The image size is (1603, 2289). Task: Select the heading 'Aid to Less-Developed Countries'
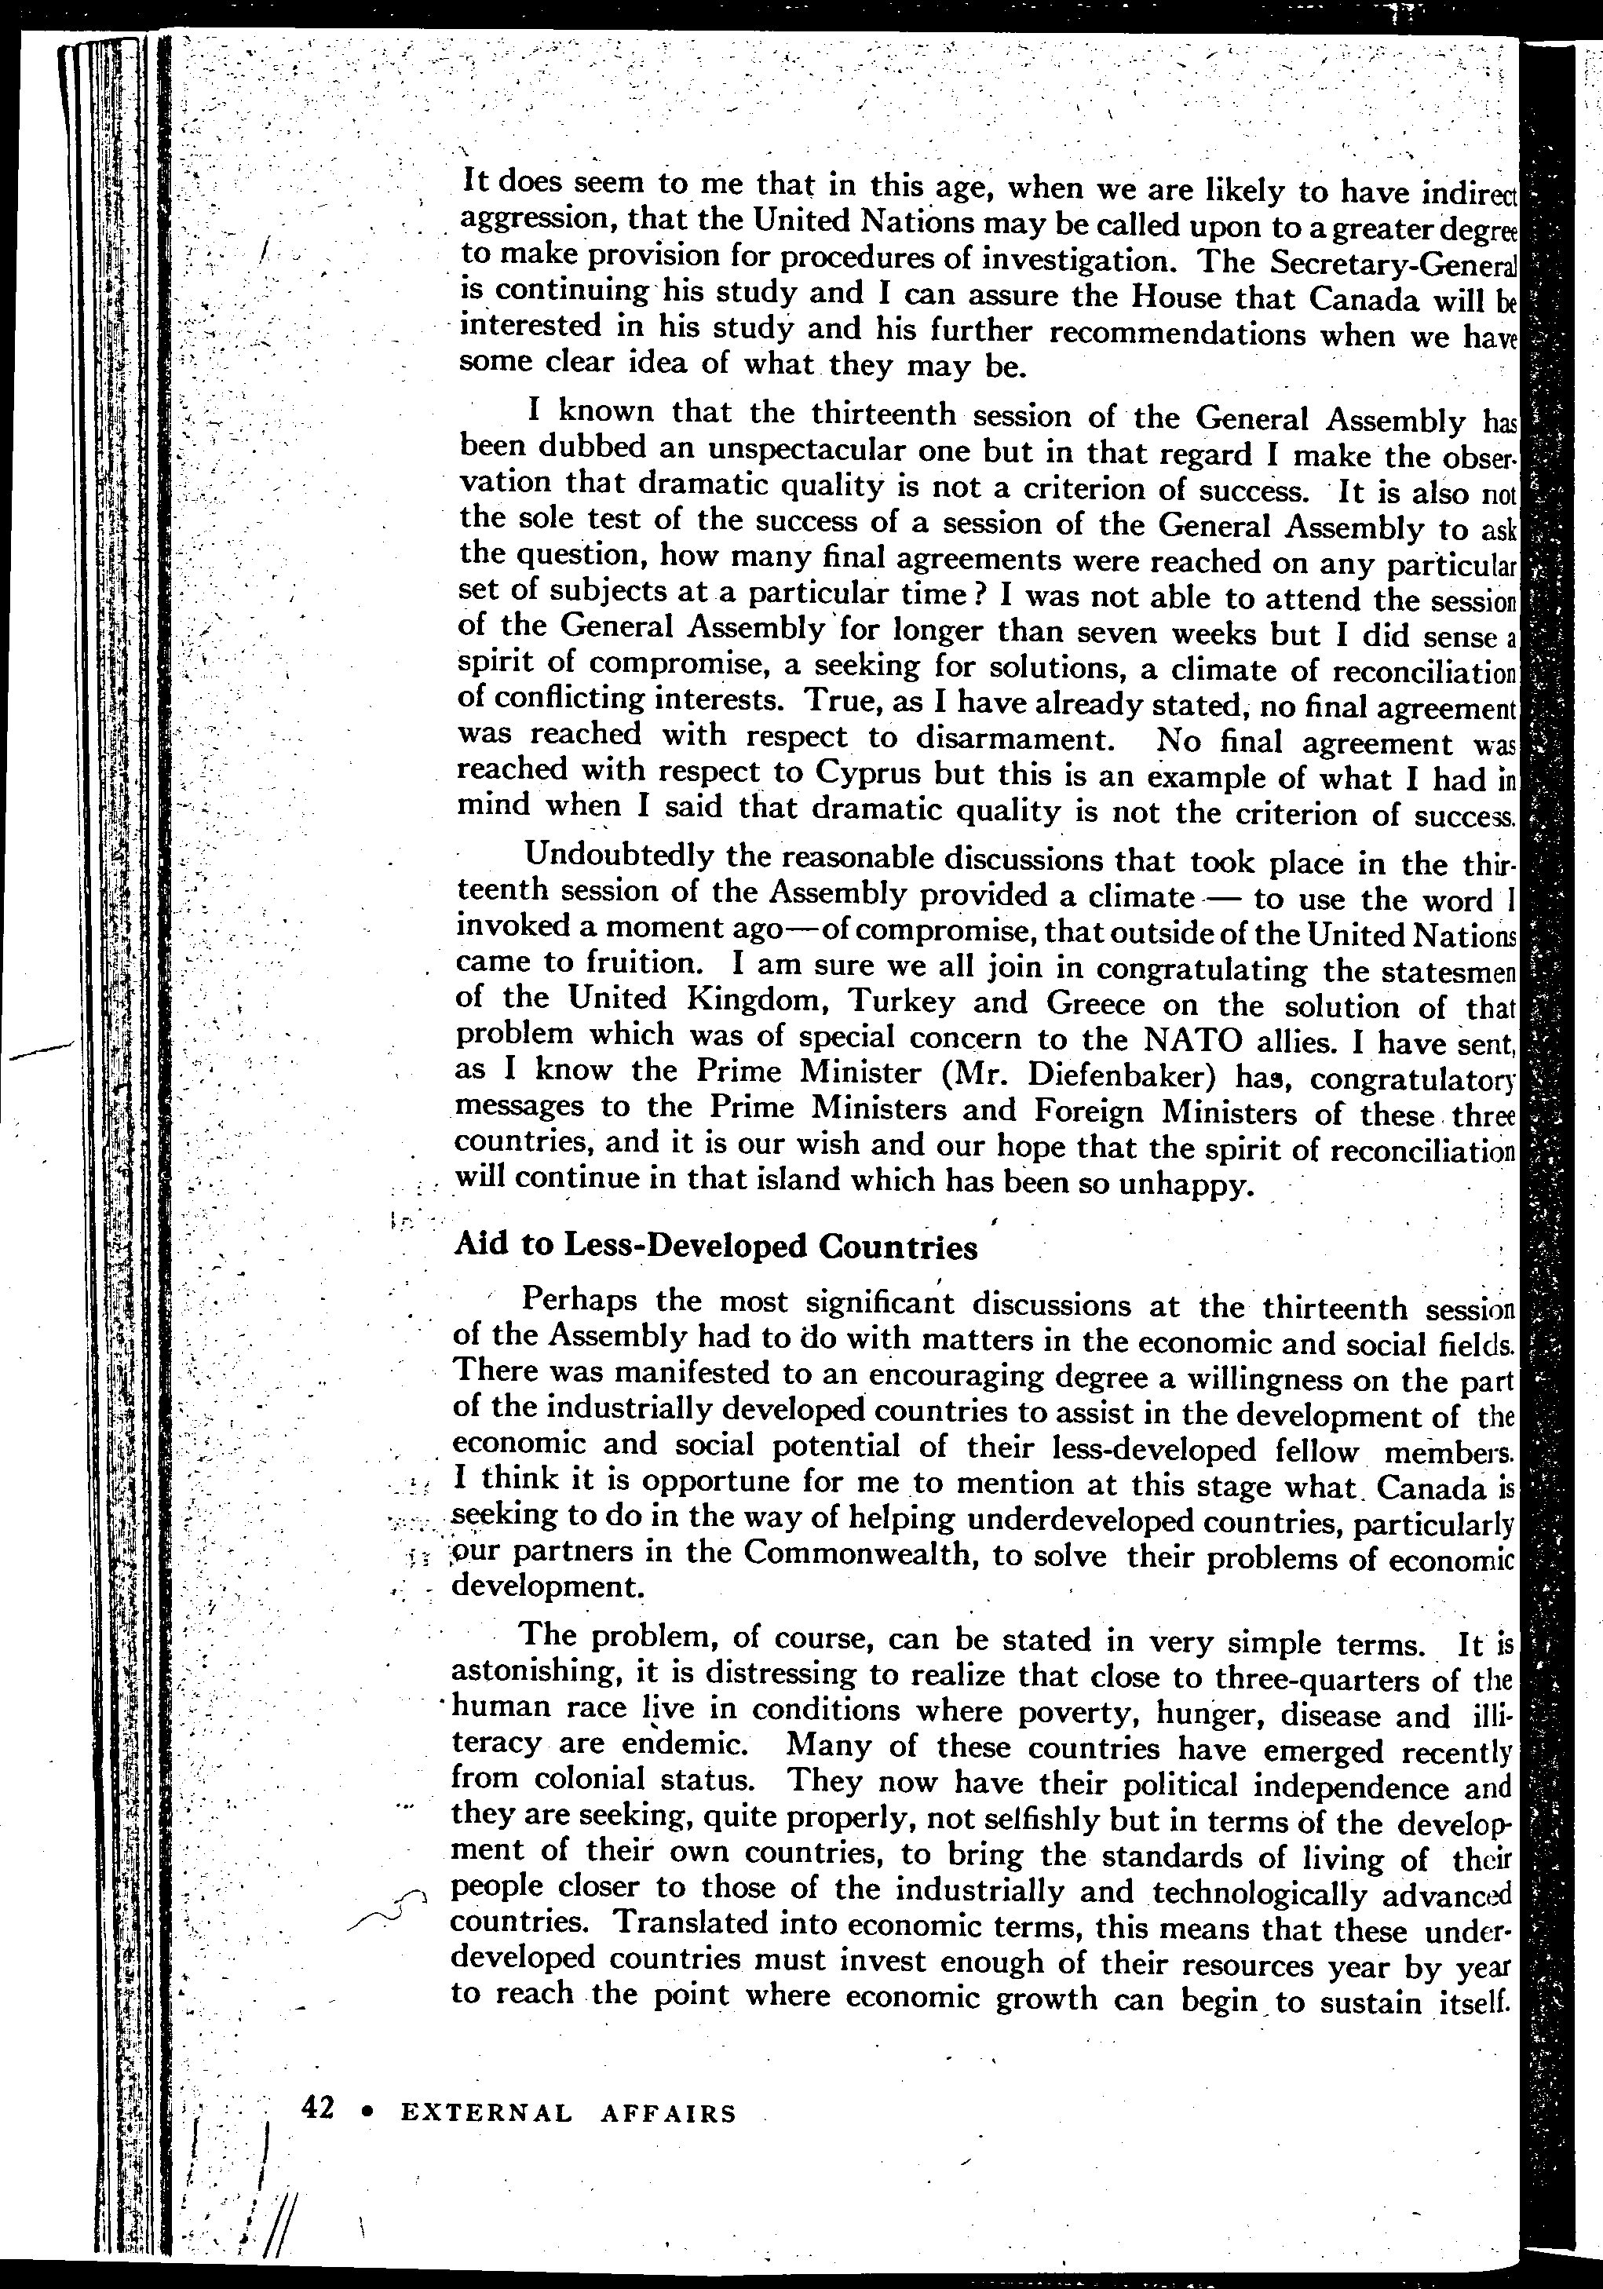(715, 1247)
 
